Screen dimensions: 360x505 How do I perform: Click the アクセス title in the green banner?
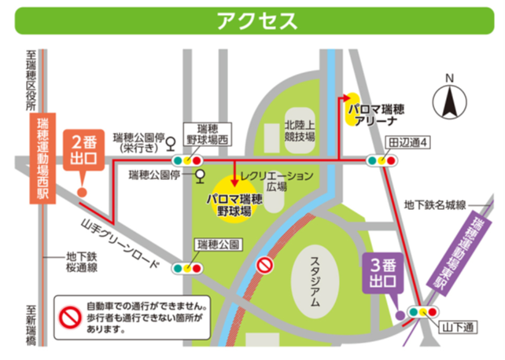252,19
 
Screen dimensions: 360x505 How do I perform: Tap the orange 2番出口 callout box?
83,149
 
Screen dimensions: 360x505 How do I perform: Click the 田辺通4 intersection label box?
406,144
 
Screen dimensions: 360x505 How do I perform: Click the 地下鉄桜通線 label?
82,262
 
